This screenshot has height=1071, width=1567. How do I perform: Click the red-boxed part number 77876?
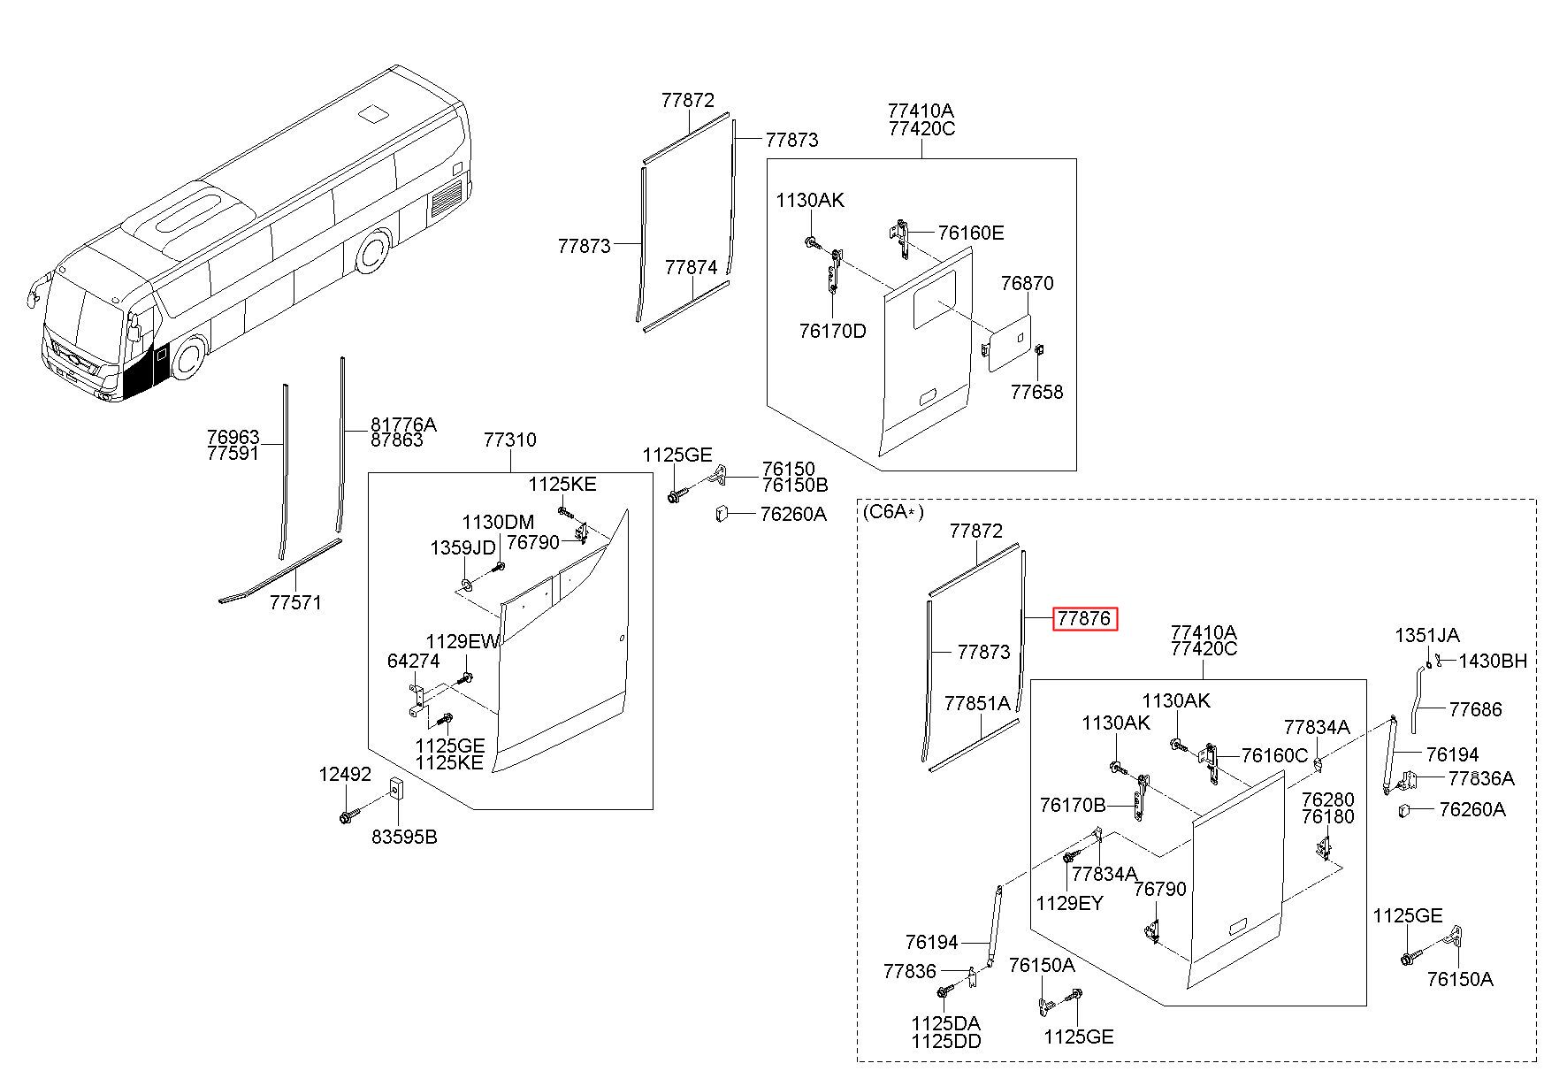coord(1084,619)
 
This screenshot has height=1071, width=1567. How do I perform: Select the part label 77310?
coord(510,440)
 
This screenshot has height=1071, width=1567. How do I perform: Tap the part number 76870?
coord(1028,284)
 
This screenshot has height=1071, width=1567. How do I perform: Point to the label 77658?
coord(1037,392)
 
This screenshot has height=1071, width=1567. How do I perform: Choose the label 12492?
coord(345,775)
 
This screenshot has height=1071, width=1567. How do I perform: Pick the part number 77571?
coord(295,602)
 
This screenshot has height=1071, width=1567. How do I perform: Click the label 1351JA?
coord(1427,635)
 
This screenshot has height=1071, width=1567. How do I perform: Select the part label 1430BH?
coord(1494,661)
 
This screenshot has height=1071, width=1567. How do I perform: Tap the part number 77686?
coord(1475,709)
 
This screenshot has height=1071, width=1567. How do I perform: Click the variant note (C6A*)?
coord(892,512)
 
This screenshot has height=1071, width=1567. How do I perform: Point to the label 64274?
coord(413,661)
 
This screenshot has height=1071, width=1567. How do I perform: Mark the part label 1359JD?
coord(462,548)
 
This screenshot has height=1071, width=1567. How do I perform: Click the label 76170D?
coord(833,332)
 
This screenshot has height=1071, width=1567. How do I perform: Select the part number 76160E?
coord(971,233)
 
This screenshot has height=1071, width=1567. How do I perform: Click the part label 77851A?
coord(977,704)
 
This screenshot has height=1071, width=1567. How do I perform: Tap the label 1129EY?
coord(1070,903)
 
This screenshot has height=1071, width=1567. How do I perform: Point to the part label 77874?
coord(692,267)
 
